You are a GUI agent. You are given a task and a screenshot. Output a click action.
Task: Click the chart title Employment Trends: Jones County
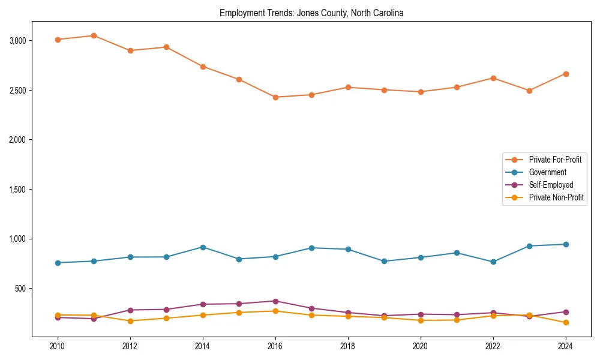tap(311, 13)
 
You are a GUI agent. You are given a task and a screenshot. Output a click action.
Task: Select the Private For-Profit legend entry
tap(555, 160)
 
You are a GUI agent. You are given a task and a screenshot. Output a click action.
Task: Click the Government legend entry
tap(547, 172)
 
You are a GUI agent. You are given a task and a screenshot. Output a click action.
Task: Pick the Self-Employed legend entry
tap(551, 185)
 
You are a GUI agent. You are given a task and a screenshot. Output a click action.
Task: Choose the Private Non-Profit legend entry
tap(556, 197)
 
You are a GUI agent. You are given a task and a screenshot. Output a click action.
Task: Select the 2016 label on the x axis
tap(275, 346)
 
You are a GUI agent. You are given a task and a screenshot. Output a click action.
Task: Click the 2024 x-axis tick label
tap(565, 346)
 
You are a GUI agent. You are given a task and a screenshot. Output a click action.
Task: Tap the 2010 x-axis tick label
tap(58, 346)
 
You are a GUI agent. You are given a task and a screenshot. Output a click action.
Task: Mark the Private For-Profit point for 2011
tap(94, 35)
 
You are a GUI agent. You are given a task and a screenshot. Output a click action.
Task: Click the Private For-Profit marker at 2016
tap(275, 97)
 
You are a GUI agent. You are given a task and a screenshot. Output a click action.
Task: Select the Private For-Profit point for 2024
tap(565, 74)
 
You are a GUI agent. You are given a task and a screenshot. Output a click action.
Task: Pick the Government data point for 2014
tap(203, 247)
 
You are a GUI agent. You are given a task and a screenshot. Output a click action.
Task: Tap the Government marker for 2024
tap(565, 244)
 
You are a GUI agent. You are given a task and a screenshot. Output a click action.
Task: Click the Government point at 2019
tap(384, 261)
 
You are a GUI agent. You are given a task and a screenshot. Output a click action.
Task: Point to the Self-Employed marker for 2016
tap(275, 301)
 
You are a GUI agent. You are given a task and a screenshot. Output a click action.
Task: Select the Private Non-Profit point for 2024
tap(565, 323)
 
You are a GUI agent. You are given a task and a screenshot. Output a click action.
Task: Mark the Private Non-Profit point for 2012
tap(130, 321)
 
